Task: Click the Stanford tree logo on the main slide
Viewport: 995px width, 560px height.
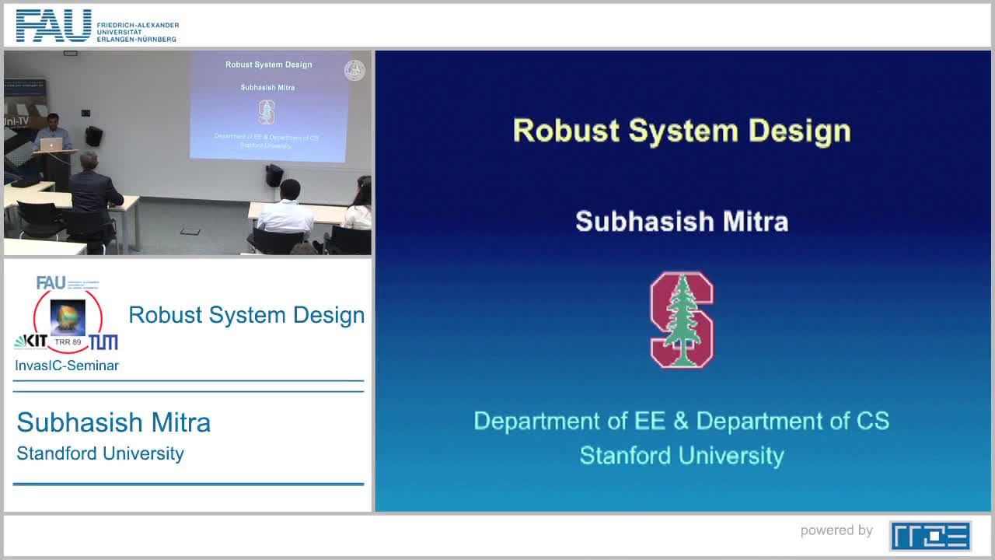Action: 682,320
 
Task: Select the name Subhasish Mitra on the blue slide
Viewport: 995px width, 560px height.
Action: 682,222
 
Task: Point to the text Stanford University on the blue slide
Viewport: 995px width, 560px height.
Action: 682,455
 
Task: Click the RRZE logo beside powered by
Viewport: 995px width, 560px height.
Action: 930,536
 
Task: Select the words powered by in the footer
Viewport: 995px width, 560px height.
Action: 836,530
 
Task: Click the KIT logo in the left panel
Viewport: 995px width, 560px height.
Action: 31,341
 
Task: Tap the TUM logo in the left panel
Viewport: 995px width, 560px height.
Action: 103,342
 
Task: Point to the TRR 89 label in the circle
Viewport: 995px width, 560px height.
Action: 68,342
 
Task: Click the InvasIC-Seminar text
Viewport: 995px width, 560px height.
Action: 67,366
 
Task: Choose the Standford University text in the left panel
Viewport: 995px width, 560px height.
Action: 100,453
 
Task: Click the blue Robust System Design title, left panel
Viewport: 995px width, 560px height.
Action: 246,315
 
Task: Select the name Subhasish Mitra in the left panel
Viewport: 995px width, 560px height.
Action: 113,422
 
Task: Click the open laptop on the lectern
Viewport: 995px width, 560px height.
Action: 51,145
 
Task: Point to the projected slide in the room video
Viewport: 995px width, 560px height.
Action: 268,107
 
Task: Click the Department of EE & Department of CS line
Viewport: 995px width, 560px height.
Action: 682,421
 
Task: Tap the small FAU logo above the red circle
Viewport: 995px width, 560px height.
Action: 51,282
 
